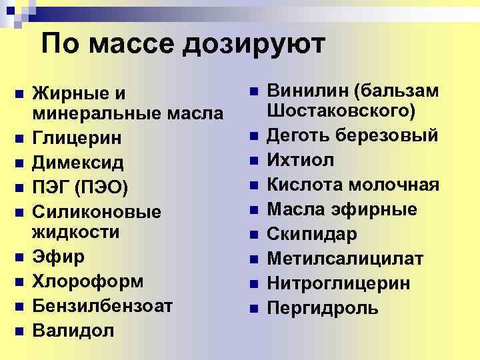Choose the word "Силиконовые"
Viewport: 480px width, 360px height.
(97, 212)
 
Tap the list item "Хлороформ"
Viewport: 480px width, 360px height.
(88, 281)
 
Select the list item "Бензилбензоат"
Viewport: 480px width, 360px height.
(103, 305)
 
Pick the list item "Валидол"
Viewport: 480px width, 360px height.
(73, 329)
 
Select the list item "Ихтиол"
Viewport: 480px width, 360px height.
(301, 160)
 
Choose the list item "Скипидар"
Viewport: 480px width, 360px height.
(312, 234)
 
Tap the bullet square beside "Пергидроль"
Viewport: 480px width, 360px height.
(253, 309)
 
